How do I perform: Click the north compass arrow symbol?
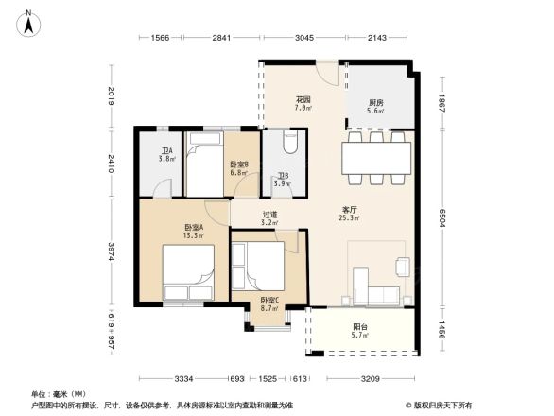pyautogui.click(x=29, y=22)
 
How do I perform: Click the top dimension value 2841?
pyautogui.click(x=220, y=37)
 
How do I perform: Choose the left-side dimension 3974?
pyautogui.click(x=112, y=251)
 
